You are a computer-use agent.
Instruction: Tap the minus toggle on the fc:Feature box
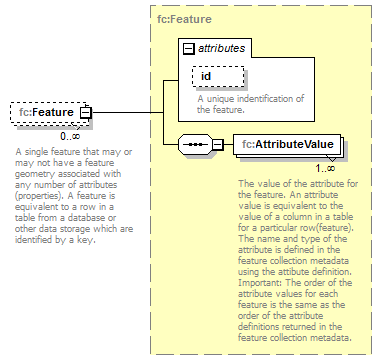[85, 113]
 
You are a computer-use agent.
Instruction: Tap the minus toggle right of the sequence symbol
[217, 145]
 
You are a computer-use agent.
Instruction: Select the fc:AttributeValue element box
[288, 145]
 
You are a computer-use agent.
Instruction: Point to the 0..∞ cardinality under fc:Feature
[70, 135]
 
